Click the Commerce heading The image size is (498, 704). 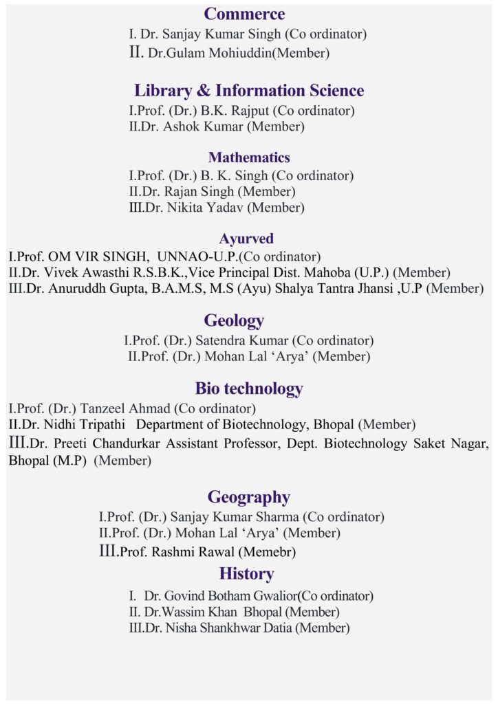244,14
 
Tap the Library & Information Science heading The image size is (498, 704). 249,90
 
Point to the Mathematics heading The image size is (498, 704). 249,157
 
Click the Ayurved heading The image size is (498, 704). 246,239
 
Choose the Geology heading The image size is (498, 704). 234,320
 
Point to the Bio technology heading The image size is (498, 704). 249,388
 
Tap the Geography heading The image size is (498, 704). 249,497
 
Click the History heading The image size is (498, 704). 246,573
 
